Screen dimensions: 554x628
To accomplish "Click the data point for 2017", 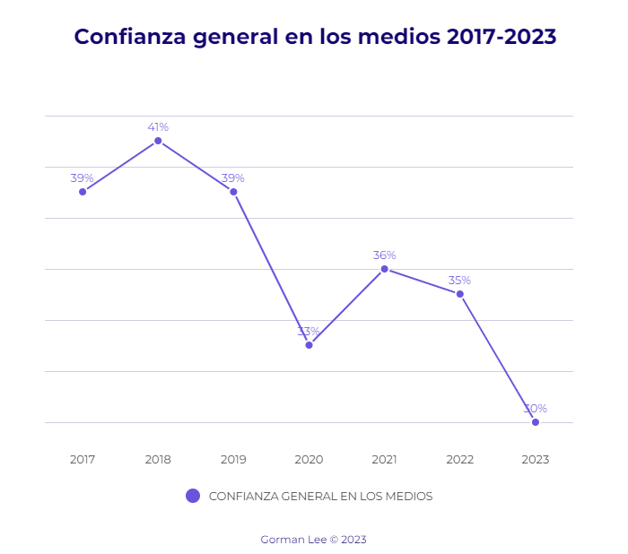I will [x=83, y=192].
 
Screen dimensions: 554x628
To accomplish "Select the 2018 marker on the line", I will [x=158, y=141].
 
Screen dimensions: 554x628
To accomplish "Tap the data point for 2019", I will [x=233, y=192].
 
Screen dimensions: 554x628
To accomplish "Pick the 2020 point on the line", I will [x=309, y=345].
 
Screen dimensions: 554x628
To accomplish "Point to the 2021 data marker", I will [x=384, y=269].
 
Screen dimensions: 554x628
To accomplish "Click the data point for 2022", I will [x=460, y=294].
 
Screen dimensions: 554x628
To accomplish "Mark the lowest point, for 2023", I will [x=536, y=422].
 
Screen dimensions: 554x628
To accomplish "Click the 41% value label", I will [x=158, y=127].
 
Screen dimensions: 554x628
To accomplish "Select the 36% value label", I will [x=384, y=255].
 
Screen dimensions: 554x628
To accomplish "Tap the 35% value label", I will [x=460, y=281].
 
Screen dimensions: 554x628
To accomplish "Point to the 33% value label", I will [x=309, y=332].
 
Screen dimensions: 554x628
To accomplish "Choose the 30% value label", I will [x=536, y=409].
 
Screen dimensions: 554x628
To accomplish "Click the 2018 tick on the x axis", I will [x=158, y=459].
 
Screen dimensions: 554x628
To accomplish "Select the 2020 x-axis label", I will [x=309, y=459].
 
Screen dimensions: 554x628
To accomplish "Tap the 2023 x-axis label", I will [x=536, y=459].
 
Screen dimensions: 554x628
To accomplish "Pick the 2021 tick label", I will [x=384, y=459].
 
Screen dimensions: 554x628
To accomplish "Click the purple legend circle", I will [x=193, y=496].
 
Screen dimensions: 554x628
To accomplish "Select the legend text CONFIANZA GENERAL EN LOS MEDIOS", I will [x=320, y=497].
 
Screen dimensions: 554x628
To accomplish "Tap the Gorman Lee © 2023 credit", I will [x=313, y=540].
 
